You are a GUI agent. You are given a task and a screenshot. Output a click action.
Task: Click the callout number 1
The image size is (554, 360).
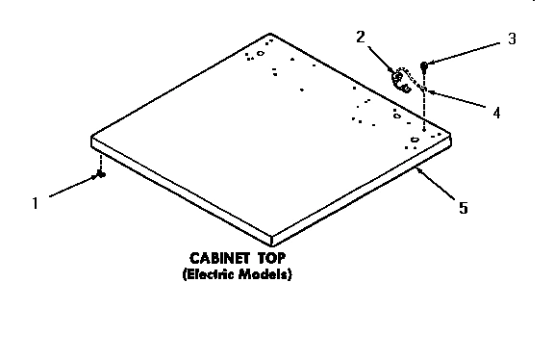[x=36, y=202]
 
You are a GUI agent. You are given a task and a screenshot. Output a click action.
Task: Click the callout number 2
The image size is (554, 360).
[x=361, y=38]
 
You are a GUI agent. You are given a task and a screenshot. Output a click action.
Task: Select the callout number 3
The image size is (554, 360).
[x=512, y=39]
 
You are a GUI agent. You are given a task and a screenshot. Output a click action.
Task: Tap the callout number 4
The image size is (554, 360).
[x=495, y=112]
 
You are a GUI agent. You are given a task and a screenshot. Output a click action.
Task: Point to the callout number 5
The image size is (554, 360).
[x=465, y=206]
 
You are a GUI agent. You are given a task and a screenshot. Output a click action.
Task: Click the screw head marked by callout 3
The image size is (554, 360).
[x=424, y=65]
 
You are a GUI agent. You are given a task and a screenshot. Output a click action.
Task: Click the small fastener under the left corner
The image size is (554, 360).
[x=101, y=174]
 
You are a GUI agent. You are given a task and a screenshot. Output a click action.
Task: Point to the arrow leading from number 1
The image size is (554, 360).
[x=72, y=188]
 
